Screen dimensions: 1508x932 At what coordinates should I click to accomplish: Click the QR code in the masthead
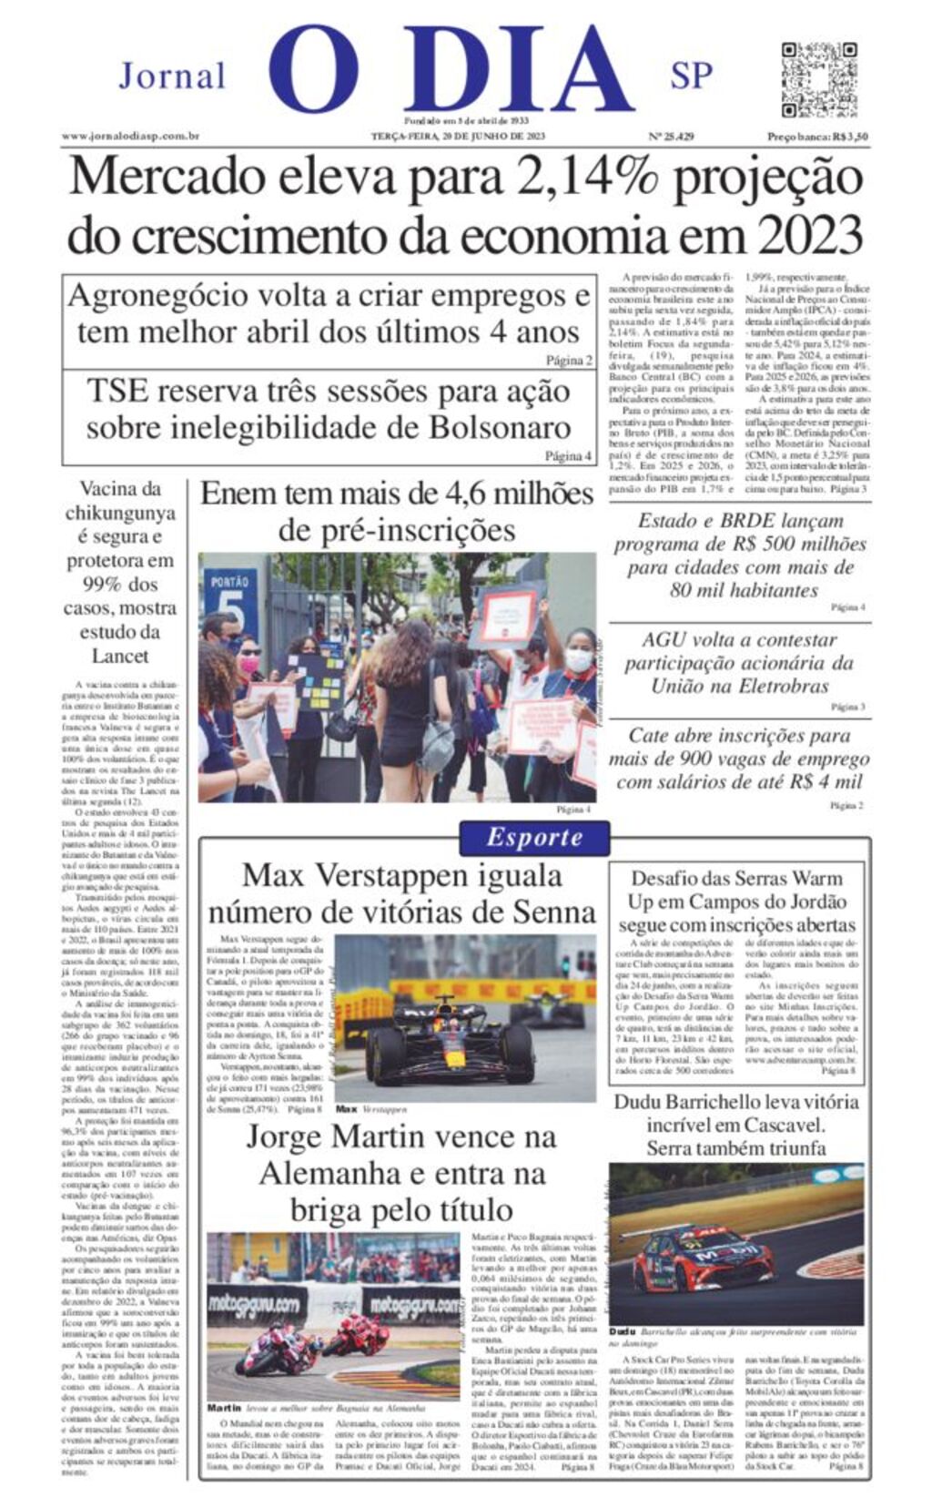click(818, 77)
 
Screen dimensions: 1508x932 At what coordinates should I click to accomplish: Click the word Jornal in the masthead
click(172, 76)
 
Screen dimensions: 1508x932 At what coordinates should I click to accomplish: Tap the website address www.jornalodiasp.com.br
click(130, 137)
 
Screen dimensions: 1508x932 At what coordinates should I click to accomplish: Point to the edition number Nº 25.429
click(671, 137)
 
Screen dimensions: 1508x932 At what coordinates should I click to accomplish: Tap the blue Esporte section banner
click(534, 837)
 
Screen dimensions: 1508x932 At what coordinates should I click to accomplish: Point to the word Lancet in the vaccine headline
click(120, 655)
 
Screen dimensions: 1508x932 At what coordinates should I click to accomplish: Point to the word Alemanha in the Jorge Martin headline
click(329, 1174)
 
